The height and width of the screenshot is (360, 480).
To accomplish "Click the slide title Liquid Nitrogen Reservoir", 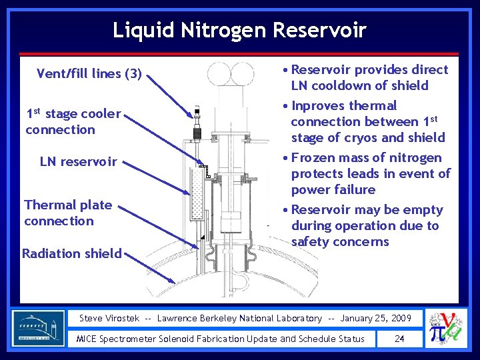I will [x=239, y=30].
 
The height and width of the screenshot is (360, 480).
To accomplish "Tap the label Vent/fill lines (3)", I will [x=89, y=73].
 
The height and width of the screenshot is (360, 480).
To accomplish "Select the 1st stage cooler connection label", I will [x=73, y=121].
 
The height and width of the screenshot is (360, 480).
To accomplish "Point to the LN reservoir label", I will [x=78, y=161].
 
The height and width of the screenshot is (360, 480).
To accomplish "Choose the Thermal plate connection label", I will [x=68, y=213].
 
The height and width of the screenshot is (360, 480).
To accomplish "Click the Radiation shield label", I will [x=72, y=253].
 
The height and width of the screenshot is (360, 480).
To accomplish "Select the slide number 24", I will [x=399, y=339].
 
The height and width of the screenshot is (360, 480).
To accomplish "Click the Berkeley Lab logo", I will [x=39, y=328].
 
